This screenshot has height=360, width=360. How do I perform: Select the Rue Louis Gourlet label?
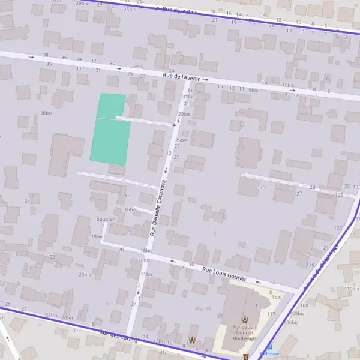click(x=226, y=273)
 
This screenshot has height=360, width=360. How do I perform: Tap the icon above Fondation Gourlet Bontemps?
click(x=244, y=319)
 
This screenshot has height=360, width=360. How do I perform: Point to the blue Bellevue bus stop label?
click(x=269, y=353)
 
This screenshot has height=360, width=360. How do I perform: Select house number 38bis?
click(x=46, y=113)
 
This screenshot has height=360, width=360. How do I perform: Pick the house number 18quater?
click(x=104, y=219)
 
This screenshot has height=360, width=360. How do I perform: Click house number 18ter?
click(x=97, y=236)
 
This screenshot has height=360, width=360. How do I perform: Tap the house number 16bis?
click(x=131, y=209)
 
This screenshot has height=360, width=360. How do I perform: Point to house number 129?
click(x=261, y=187)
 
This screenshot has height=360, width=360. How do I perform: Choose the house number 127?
click(x=298, y=193)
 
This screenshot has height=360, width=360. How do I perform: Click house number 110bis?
click(x=352, y=289)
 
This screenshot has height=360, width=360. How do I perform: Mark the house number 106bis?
click(x=290, y=322)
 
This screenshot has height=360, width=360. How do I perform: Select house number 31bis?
click(x=188, y=97)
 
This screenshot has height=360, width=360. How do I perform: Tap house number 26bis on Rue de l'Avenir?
click(x=137, y=67)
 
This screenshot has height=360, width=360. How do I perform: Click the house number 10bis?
click(x=288, y=86)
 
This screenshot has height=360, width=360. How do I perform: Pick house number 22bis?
click(x=52, y=314)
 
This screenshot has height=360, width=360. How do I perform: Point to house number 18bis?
click(x=146, y=250)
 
